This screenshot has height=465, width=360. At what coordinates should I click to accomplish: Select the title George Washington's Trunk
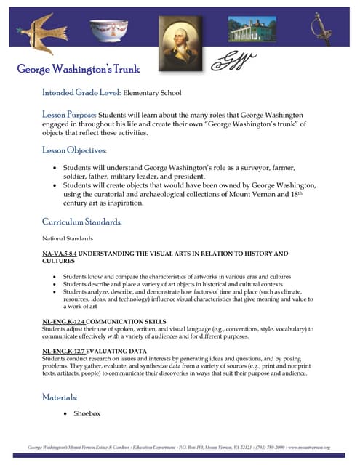(x=79, y=70)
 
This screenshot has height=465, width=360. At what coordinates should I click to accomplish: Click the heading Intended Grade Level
(x=81, y=93)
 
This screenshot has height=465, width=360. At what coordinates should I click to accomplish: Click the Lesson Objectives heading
(x=75, y=150)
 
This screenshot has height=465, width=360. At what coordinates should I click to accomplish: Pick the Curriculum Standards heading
(x=82, y=221)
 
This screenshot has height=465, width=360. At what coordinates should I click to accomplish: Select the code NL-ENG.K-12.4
(x=64, y=321)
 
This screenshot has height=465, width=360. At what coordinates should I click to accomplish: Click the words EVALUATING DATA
(x=116, y=351)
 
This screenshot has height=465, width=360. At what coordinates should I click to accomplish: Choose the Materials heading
(x=60, y=397)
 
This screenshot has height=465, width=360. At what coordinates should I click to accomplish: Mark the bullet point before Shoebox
(x=67, y=413)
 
